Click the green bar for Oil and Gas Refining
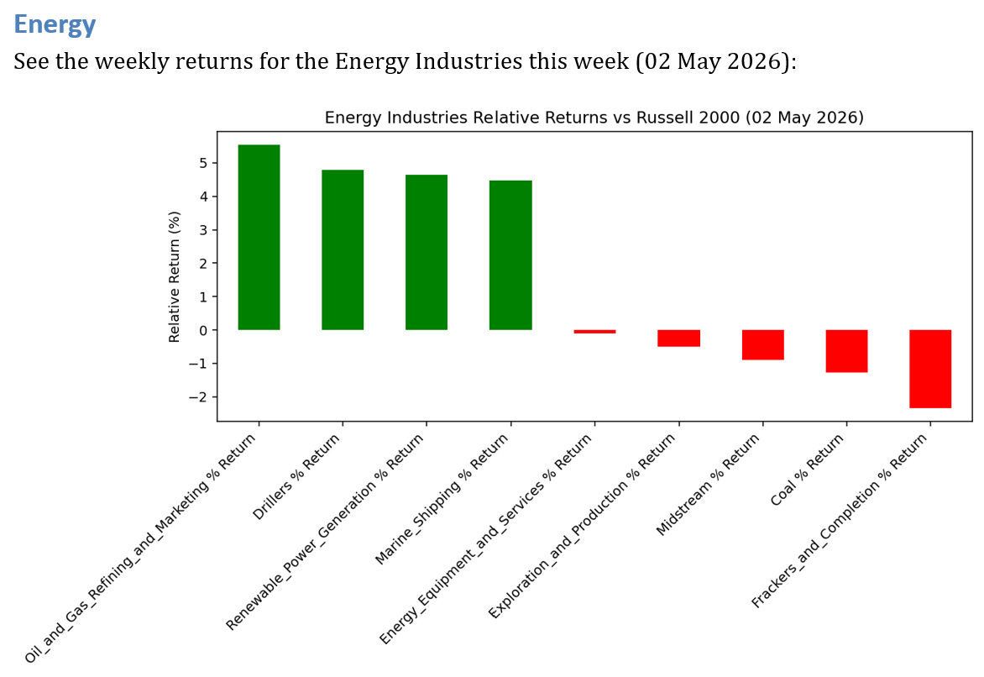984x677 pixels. point(259,238)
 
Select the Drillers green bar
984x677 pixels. point(343,250)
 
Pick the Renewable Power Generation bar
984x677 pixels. point(427,253)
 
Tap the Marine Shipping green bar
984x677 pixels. point(510,255)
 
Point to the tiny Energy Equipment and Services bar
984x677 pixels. point(595,332)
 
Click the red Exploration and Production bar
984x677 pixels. point(679,338)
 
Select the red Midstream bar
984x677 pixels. point(763,344)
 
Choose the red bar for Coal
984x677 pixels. point(846,351)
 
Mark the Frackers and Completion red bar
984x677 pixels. point(930,369)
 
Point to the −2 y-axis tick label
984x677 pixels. point(199,397)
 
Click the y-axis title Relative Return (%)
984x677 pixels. point(174,277)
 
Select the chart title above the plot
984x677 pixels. point(594,118)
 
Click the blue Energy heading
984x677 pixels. point(55,24)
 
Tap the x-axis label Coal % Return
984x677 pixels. point(807,470)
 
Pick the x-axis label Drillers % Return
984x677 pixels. point(296,476)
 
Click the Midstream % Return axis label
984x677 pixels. point(708,484)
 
